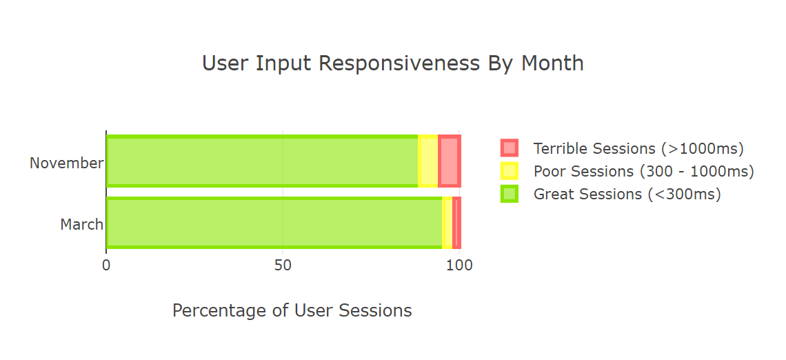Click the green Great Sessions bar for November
coord(262,161)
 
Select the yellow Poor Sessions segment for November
coord(428,161)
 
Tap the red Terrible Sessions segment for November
coord(449,161)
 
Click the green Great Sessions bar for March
coord(274,223)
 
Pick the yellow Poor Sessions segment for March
coord(447,223)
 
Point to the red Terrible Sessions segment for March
coord(456,223)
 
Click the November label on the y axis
coord(66,163)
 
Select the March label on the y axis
coord(81,225)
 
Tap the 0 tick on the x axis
coord(106,266)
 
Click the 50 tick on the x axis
coord(283,266)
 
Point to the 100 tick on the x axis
coord(460,266)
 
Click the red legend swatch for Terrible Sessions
coord(509,148)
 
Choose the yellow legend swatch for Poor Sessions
coord(509,171)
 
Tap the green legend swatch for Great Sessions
coord(509,194)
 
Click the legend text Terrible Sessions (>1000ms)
coord(638,148)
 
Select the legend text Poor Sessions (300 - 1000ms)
coord(643,171)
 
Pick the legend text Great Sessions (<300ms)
coord(627,194)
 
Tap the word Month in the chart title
coord(552,63)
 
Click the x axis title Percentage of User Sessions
coord(292,311)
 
